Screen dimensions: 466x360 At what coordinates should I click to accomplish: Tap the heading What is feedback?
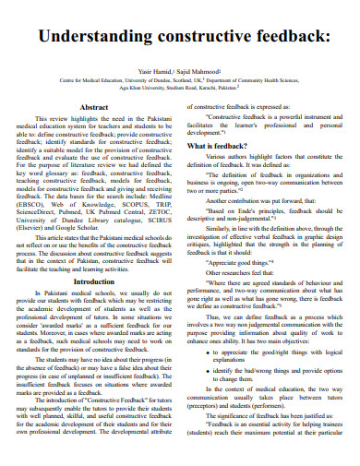click(x=219, y=147)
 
